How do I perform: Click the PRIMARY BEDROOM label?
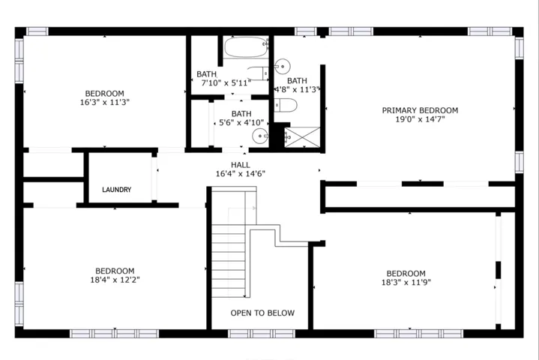[x=420, y=110]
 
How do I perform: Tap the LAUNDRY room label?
[x=116, y=190]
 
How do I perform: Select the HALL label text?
[x=241, y=165]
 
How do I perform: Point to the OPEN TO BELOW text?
[x=262, y=313]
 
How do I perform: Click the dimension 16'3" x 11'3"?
[x=105, y=102]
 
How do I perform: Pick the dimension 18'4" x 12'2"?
[x=115, y=280]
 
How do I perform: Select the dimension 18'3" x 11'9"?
[x=406, y=282]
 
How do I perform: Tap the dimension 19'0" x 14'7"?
[x=420, y=119]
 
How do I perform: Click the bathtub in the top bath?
[x=246, y=47]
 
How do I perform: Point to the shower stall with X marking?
[x=303, y=137]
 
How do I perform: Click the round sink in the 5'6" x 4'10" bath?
[x=260, y=136]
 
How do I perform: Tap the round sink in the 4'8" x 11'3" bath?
[x=282, y=66]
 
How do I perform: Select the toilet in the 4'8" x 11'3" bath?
[x=286, y=105]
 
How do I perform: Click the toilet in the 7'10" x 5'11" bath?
[x=258, y=73]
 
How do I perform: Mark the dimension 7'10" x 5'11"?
[x=226, y=82]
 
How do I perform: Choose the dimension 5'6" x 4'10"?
[x=241, y=122]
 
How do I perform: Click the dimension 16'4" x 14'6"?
[x=241, y=174]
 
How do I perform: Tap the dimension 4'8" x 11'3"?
[x=297, y=89]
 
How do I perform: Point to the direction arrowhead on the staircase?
[x=254, y=208]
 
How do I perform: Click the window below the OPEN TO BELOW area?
[x=262, y=334]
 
